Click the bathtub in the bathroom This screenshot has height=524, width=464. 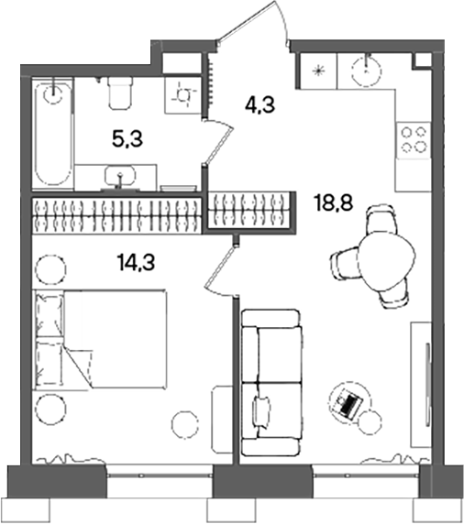52,133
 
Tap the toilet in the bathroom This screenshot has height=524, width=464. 120,93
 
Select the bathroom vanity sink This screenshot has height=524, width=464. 116,176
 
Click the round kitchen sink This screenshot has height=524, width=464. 370,67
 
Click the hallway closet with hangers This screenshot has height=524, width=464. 252,211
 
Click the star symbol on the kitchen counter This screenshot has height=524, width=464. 319,69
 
